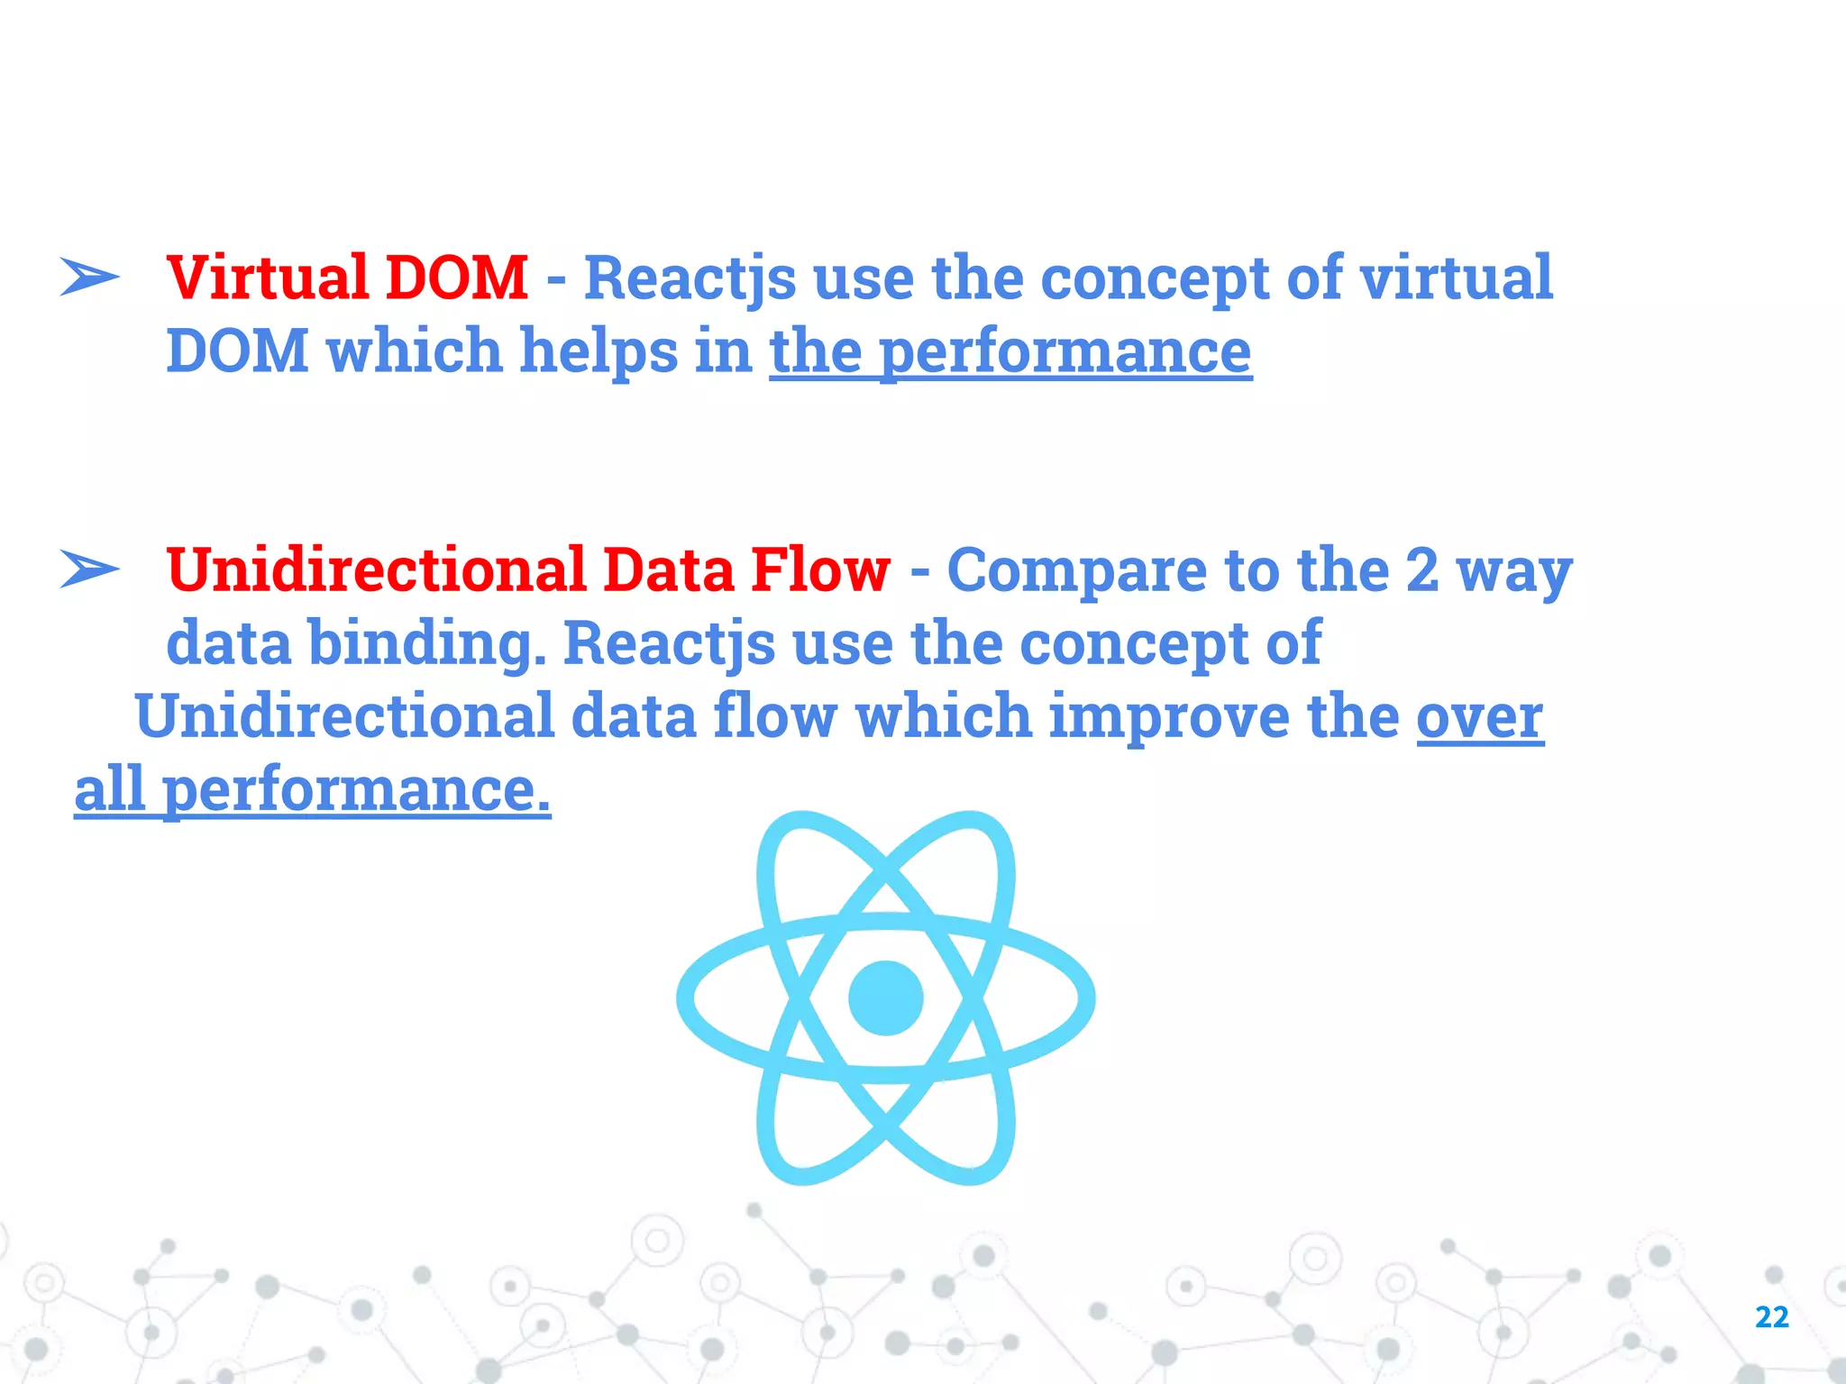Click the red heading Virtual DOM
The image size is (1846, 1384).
pyautogui.click(x=347, y=278)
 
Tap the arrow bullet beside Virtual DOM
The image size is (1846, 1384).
pyautogui.click(x=89, y=277)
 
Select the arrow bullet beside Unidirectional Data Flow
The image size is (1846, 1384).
pyautogui.click(x=89, y=569)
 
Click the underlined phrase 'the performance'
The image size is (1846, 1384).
pyautogui.click(x=1010, y=351)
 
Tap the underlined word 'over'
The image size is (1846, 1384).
pyautogui.click(x=1480, y=716)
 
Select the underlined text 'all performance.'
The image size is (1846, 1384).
pyautogui.click(x=312, y=790)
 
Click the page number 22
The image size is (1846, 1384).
pyautogui.click(x=1771, y=1317)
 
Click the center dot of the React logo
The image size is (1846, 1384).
pyautogui.click(x=886, y=998)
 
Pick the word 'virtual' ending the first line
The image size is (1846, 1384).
pyautogui.click(x=1456, y=278)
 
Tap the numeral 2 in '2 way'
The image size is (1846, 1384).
pyautogui.click(x=1421, y=570)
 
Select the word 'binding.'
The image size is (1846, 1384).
pyautogui.click(x=427, y=643)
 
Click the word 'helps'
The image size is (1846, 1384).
pyautogui.click(x=599, y=351)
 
